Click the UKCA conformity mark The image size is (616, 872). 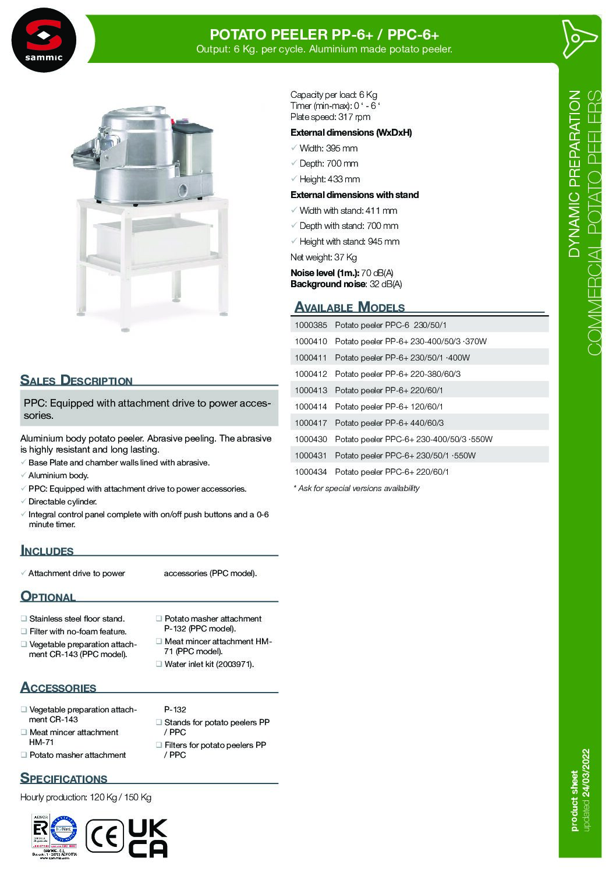(x=147, y=838)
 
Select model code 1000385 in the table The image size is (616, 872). (x=311, y=325)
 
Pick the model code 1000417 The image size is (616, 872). (x=311, y=423)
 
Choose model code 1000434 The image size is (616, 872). (x=311, y=472)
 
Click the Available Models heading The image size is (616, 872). (x=349, y=307)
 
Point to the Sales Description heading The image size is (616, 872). (x=76, y=380)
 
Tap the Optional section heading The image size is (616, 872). (x=48, y=596)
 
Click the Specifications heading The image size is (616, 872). (x=63, y=778)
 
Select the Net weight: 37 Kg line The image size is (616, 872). (x=323, y=257)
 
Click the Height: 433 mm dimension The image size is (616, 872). (x=330, y=179)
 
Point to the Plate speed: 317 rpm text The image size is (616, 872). (x=330, y=116)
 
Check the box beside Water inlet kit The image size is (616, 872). (x=159, y=664)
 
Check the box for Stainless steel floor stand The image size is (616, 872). (x=24, y=619)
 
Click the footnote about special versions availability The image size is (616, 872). (x=356, y=488)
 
